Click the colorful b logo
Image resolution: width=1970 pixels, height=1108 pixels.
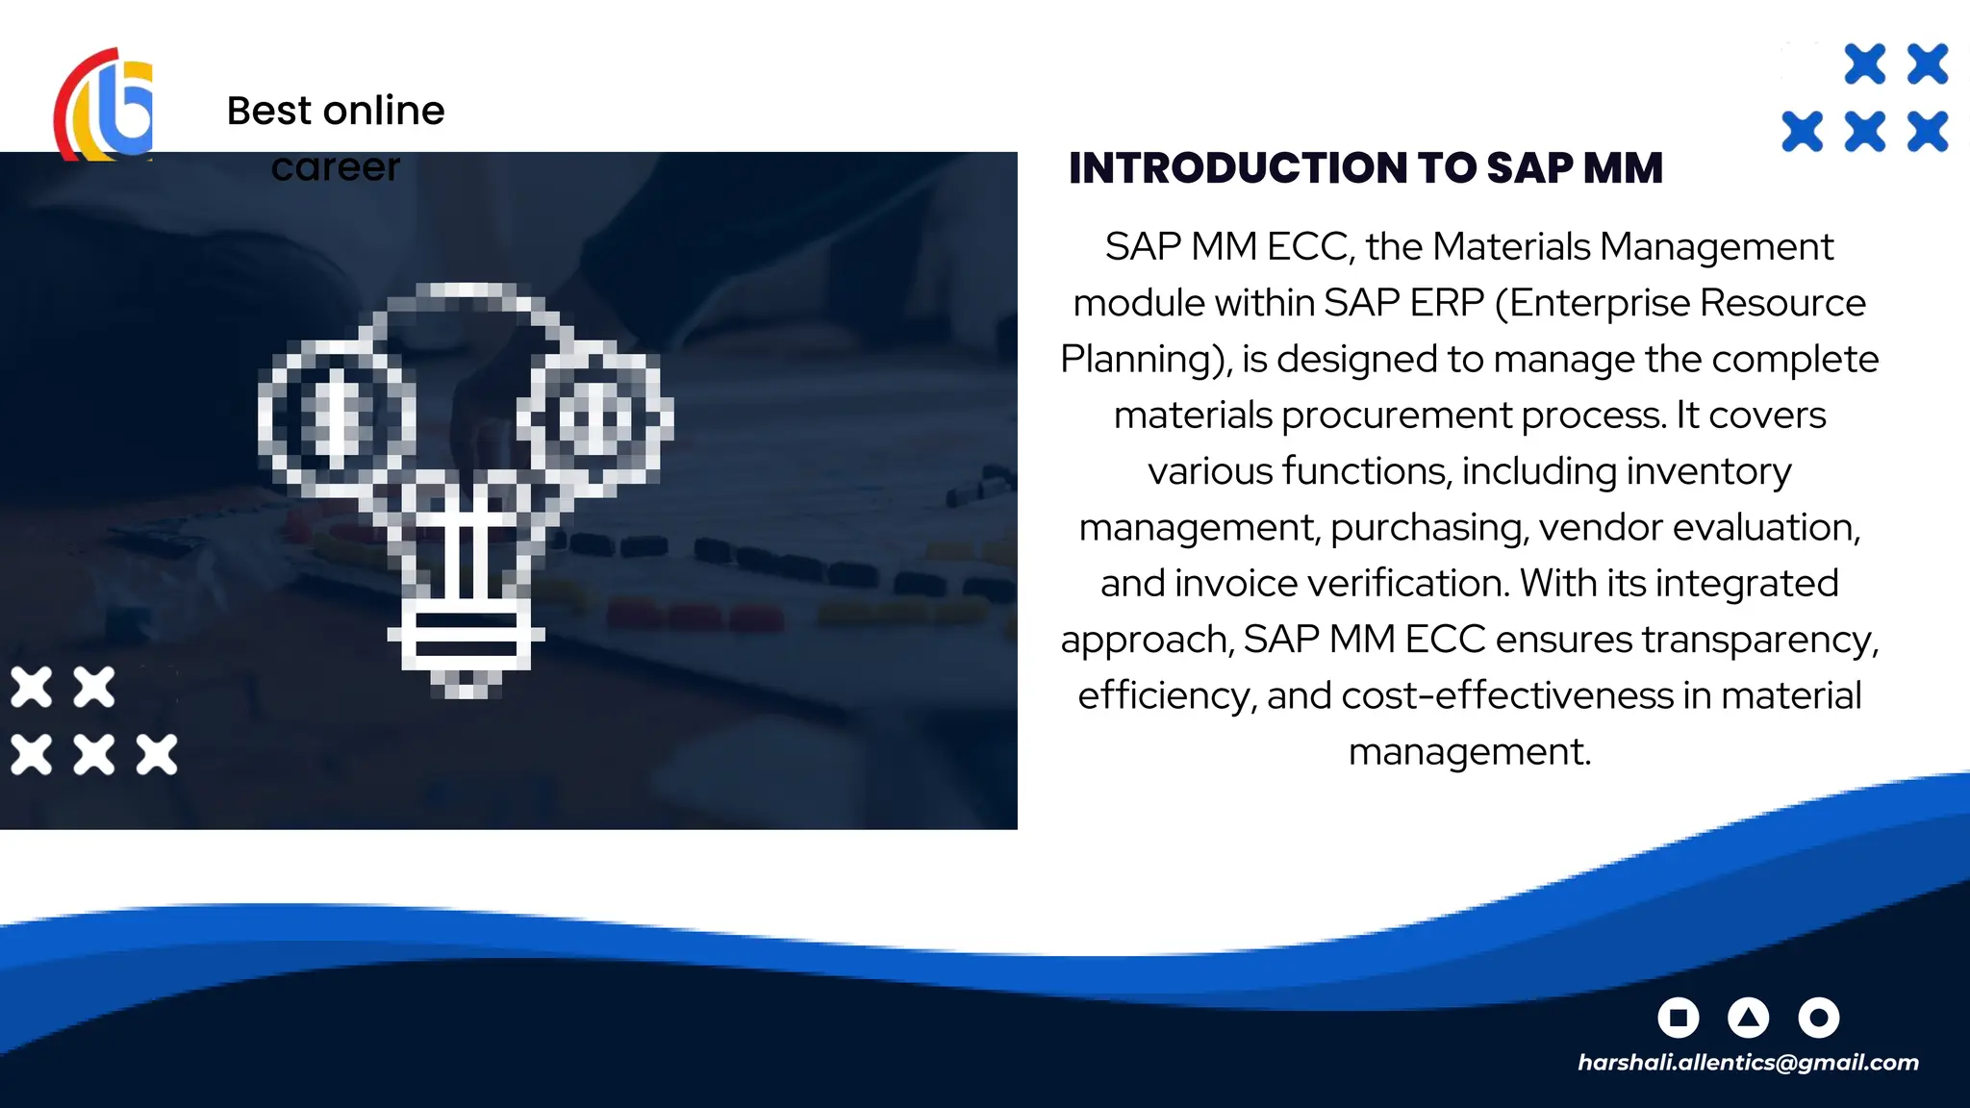tap(104, 106)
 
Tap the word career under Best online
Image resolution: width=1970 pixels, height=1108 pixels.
tap(335, 167)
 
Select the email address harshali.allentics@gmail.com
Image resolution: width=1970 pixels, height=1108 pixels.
tap(1748, 1062)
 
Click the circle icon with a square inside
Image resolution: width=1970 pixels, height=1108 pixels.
tap(1679, 1017)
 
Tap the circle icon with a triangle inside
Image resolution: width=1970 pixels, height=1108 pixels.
tap(1749, 1017)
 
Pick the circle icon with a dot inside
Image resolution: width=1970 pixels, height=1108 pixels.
tap(1818, 1017)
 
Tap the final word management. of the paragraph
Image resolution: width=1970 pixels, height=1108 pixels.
tap(1469, 751)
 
